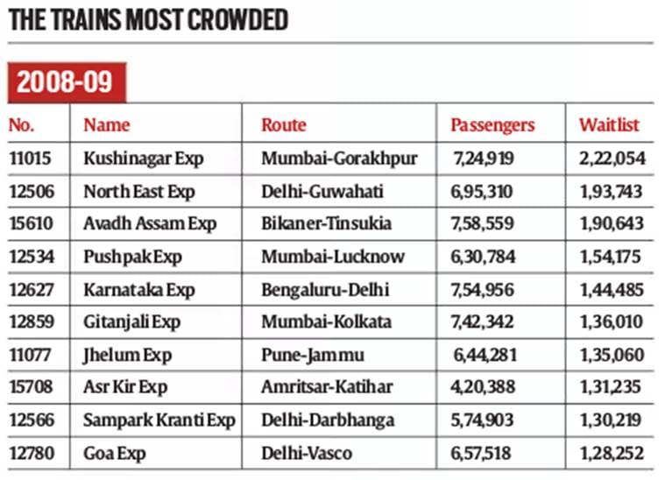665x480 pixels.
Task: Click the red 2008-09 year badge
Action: pos(66,82)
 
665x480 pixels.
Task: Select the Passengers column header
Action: pos(492,125)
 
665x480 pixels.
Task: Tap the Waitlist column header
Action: pos(609,125)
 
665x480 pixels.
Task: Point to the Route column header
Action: pos(284,125)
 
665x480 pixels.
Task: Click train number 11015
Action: pos(30,159)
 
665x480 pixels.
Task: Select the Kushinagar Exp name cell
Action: pos(143,159)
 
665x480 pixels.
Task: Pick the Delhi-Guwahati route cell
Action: pos(322,191)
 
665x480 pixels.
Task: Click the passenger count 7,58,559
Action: pos(484,224)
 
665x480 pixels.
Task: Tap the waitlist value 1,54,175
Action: pos(611,257)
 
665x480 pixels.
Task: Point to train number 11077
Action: pos(30,356)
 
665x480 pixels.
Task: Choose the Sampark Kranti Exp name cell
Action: pos(159,420)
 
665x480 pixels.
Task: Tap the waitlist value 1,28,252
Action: pos(611,454)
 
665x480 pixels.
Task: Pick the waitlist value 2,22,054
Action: pos(611,159)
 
